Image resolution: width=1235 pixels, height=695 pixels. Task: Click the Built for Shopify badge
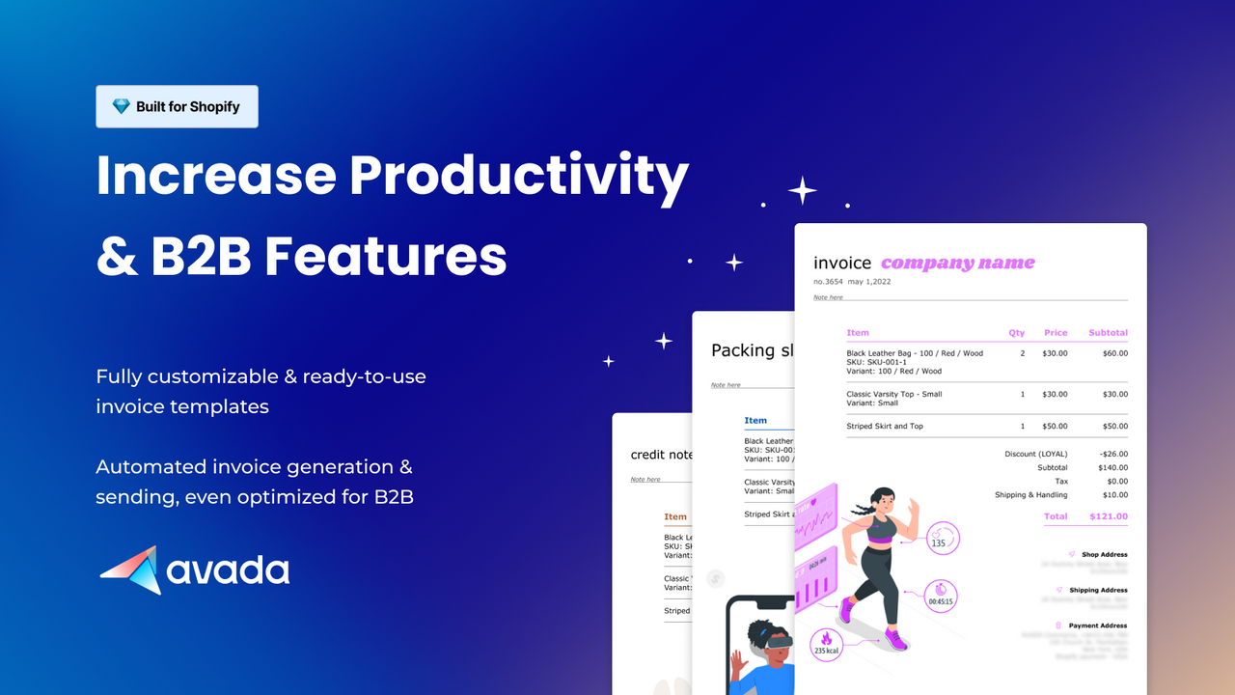pyautogui.click(x=177, y=107)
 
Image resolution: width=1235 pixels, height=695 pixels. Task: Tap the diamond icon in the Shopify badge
pyautogui.click(x=121, y=107)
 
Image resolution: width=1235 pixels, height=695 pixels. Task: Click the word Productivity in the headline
pyautogui.click(x=518, y=177)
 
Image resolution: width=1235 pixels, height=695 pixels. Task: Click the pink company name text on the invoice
pyautogui.click(x=957, y=263)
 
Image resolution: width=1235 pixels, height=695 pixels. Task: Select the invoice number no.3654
pyautogui.click(x=828, y=282)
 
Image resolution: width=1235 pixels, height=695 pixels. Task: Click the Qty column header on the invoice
pyautogui.click(x=1017, y=333)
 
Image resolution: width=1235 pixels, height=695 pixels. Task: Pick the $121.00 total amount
pyautogui.click(x=1108, y=516)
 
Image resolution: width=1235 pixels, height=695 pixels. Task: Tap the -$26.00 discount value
pyautogui.click(x=1112, y=454)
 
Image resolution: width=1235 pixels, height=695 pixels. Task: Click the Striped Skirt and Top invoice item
pyautogui.click(x=885, y=426)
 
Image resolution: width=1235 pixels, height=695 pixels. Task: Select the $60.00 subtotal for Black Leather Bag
pyautogui.click(x=1115, y=353)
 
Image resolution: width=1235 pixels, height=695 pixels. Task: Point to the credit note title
pyautogui.click(x=662, y=455)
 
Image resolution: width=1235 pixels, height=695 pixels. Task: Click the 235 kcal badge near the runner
pyautogui.click(x=826, y=645)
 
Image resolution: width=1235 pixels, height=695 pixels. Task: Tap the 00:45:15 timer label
pyautogui.click(x=941, y=595)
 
